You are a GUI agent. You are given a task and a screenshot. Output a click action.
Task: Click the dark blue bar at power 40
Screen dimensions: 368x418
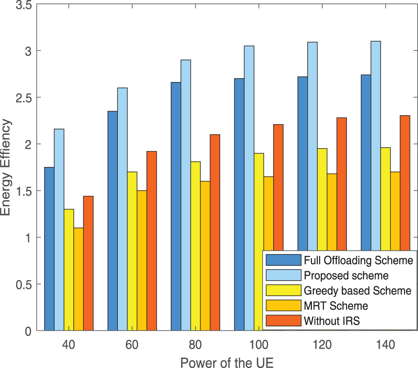49,248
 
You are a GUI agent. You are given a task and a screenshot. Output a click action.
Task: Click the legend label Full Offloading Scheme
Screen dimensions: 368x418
358,260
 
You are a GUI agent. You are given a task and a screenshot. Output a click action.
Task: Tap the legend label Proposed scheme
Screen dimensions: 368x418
346,275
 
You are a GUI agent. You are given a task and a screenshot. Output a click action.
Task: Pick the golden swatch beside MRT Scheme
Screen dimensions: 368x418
283,306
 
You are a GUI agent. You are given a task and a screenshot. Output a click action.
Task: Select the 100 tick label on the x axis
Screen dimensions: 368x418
258,345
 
